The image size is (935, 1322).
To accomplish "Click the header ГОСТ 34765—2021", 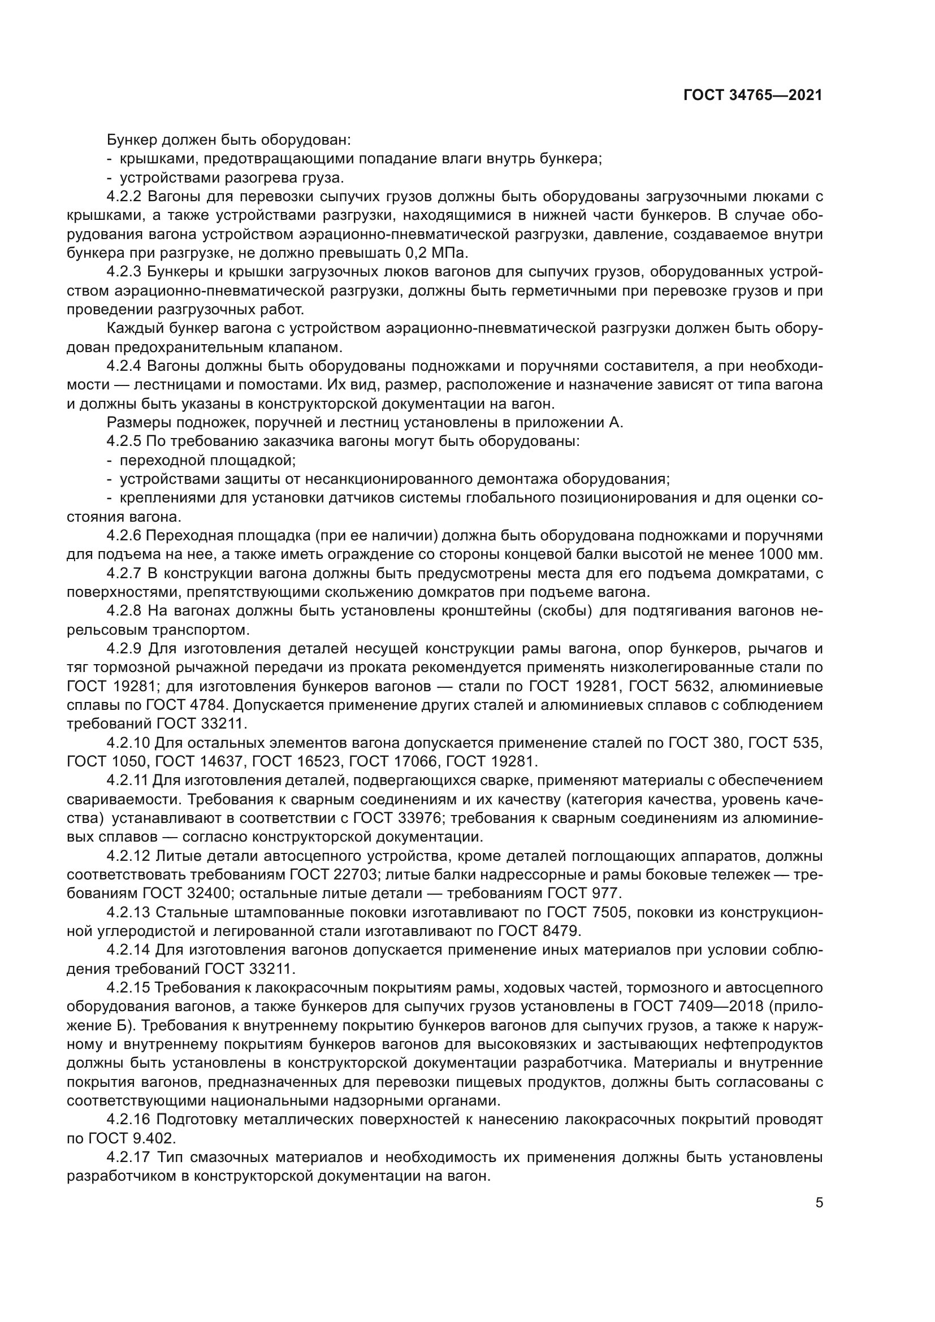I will click(x=752, y=96).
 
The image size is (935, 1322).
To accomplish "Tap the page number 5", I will click(x=819, y=1203).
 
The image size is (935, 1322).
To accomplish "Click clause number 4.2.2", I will click(x=124, y=196).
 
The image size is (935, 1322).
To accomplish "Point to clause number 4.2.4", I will click(x=124, y=366).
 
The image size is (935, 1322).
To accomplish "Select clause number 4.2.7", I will click(x=124, y=574).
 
